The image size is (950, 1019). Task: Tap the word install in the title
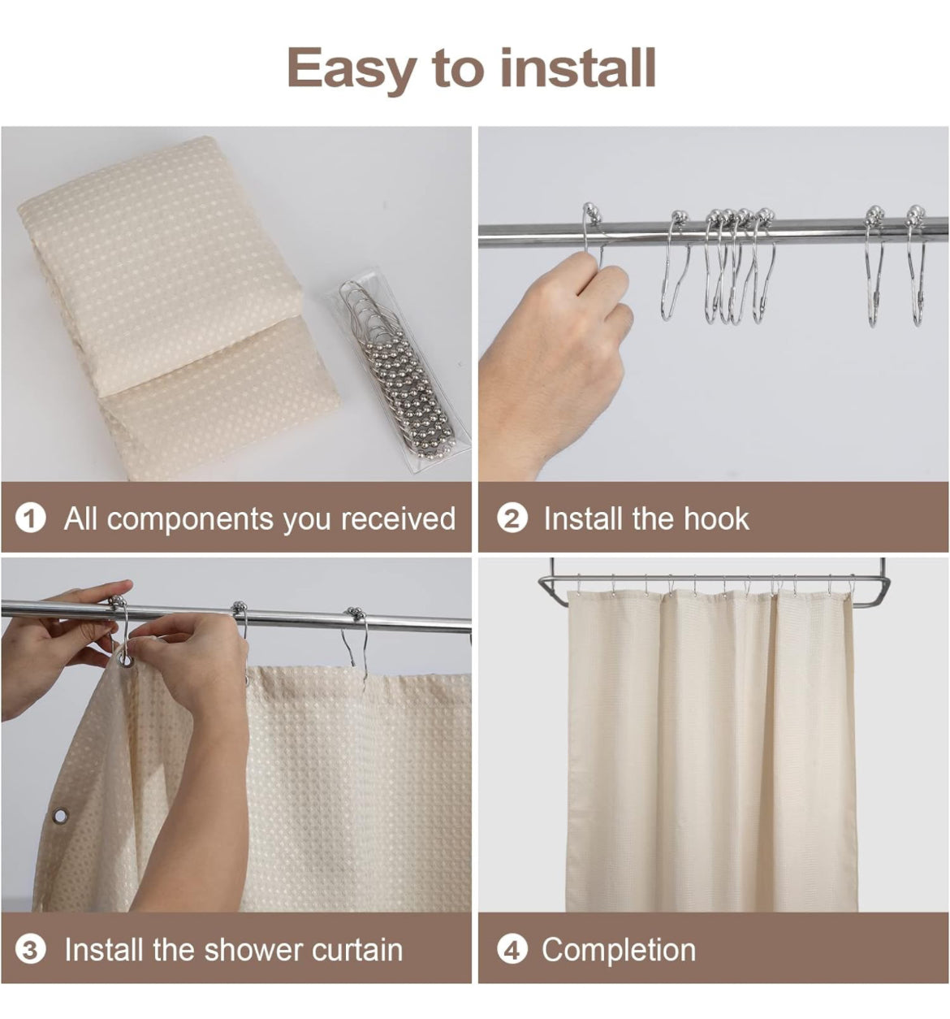(577, 67)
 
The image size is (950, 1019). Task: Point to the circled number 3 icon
(30, 950)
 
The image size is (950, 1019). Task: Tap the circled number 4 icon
(512, 950)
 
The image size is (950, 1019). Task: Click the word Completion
(619, 950)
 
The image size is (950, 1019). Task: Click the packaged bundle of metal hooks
(398, 375)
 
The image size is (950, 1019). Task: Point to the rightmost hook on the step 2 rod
(917, 265)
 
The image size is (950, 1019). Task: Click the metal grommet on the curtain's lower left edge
(61, 815)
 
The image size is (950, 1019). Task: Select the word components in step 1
(190, 520)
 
